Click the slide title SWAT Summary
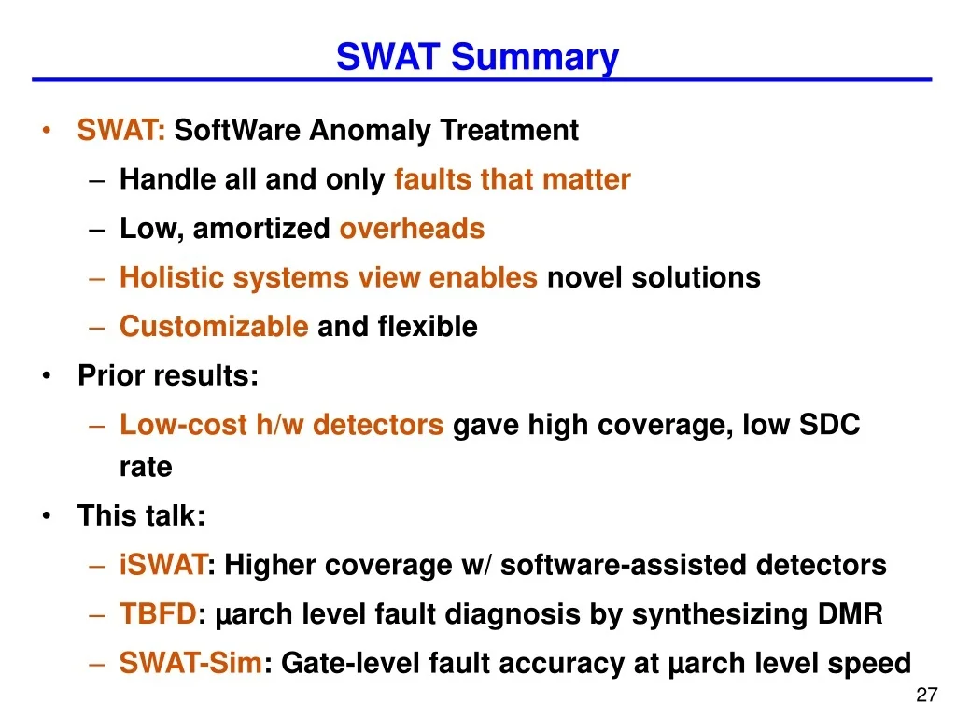click(477, 57)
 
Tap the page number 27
click(926, 696)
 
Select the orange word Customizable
click(214, 327)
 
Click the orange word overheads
click(412, 229)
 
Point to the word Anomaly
click(371, 131)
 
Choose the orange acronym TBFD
click(158, 614)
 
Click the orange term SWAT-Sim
click(191, 664)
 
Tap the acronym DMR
click(849, 614)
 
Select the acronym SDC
click(829, 426)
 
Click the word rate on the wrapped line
click(146, 467)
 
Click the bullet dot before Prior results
click(47, 376)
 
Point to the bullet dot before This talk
click(47, 516)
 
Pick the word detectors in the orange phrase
click(378, 426)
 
